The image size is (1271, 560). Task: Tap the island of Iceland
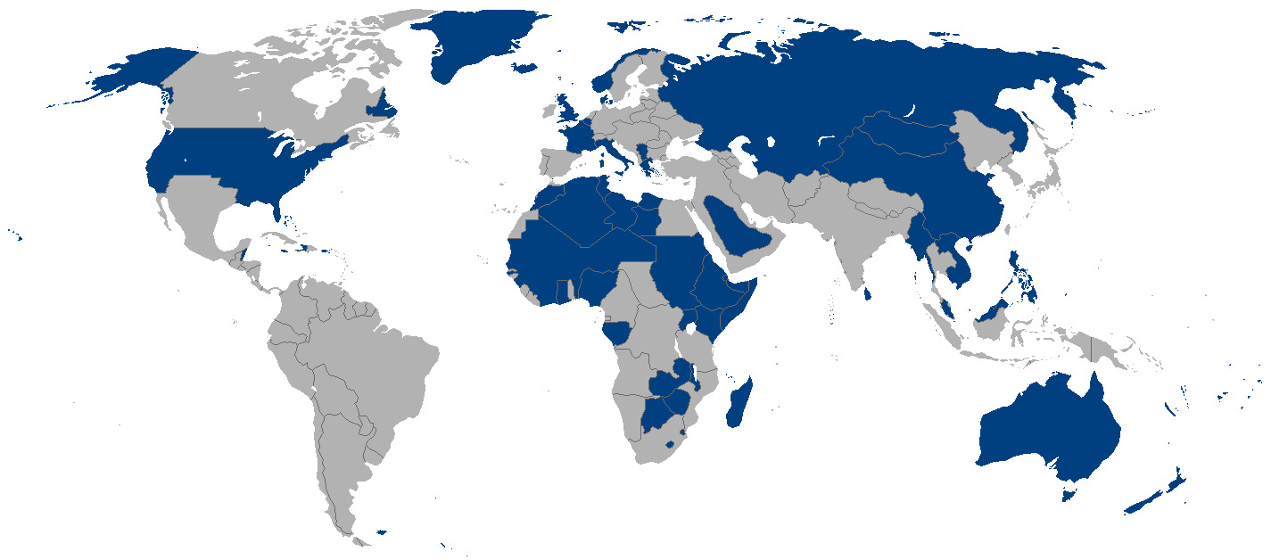click(x=525, y=67)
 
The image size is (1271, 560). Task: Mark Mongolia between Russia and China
click(x=901, y=134)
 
